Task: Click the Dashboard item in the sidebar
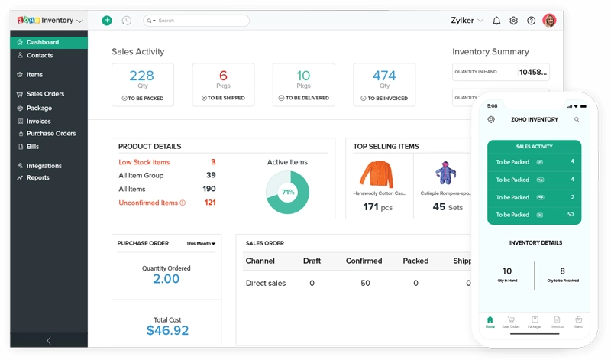[x=42, y=42]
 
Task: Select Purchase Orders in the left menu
[x=51, y=134]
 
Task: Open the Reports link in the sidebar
[x=37, y=177]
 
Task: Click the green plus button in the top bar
[x=107, y=21]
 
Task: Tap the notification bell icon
[x=496, y=21]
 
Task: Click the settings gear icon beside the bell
[x=513, y=21]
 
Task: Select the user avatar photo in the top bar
[x=549, y=21]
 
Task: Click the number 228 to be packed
[x=142, y=76]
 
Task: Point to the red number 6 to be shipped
[x=223, y=76]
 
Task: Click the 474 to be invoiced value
[x=384, y=76]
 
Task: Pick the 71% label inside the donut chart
[x=288, y=193]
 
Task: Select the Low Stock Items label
[x=144, y=162]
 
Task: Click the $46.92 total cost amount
[x=166, y=330]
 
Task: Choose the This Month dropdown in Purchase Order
[x=201, y=244]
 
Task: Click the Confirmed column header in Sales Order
[x=364, y=261]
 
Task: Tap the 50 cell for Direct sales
[x=365, y=283]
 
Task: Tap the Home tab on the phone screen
[x=490, y=321]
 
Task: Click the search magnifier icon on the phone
[x=577, y=120]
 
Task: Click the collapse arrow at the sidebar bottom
[x=49, y=340]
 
